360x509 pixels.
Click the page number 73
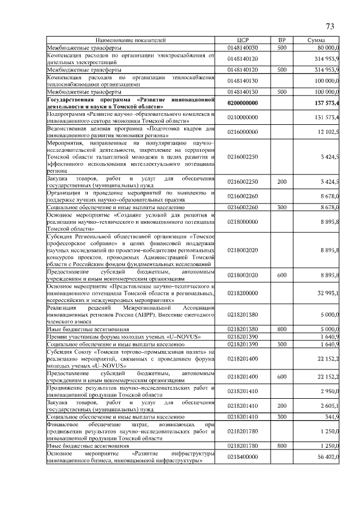point(330,26)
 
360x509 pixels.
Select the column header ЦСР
point(242,41)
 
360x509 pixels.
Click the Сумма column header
point(318,41)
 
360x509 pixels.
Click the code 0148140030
point(242,48)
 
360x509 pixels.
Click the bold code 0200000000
point(242,103)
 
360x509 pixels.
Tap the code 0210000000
point(242,117)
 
